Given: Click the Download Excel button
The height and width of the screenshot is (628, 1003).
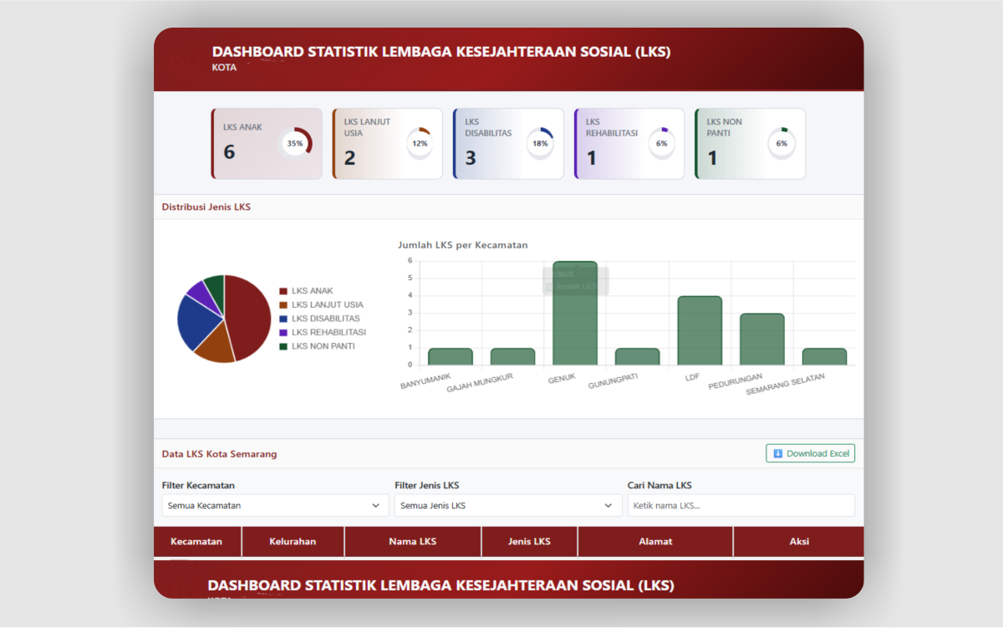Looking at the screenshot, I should tap(810, 453).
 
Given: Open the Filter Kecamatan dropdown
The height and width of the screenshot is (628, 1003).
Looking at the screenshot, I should tap(275, 505).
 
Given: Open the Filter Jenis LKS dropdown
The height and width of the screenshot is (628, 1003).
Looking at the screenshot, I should tap(507, 505).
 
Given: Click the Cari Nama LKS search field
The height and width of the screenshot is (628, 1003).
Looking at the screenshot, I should tap(741, 505).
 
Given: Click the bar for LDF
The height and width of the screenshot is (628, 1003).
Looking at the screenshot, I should tap(700, 331).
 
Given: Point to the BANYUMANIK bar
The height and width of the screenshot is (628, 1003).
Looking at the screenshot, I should tap(451, 357).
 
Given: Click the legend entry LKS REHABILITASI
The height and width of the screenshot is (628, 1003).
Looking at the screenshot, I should tap(328, 332).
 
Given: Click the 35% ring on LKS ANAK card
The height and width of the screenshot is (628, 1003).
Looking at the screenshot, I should tap(295, 144).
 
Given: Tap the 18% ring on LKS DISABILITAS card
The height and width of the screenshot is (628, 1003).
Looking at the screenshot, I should tap(540, 144).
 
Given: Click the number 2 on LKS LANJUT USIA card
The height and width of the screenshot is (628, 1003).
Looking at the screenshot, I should tap(350, 158).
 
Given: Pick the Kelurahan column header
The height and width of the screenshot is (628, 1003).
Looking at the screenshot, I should tap(293, 541).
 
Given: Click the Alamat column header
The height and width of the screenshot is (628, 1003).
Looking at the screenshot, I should tap(655, 541).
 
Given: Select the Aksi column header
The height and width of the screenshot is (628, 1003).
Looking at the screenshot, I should tap(799, 541).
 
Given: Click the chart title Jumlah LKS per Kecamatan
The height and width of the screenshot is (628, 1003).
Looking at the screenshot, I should tap(462, 245).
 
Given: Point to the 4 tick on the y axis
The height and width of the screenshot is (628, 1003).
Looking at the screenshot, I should tap(410, 295).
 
